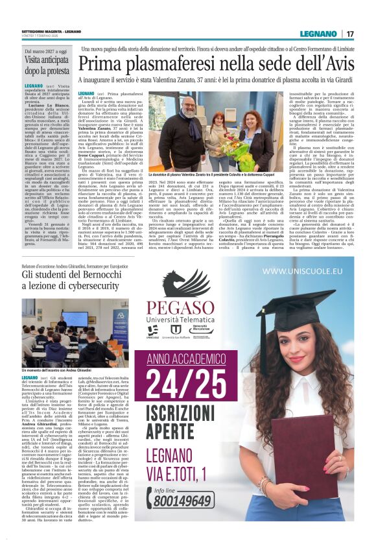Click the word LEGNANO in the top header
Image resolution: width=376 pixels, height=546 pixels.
(320, 34)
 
